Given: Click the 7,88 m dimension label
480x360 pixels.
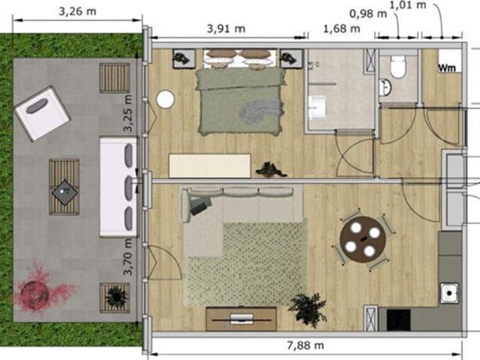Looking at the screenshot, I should coord(306,346).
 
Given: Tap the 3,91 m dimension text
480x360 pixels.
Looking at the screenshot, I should coord(226,28).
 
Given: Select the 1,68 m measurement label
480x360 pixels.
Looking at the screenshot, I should coord(340,28).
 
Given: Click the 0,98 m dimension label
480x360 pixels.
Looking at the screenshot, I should coord(368,13).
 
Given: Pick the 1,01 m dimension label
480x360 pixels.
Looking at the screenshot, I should coord(409,5).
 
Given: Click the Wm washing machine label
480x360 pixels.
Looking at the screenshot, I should coord(448,67).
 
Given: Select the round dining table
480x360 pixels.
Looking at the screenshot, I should coord(363,238).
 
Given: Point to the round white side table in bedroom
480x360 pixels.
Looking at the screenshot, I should coord(165,99).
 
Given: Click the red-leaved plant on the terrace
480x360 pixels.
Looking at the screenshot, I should coord(37,289).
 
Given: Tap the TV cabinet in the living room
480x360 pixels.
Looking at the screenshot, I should coord(241,317).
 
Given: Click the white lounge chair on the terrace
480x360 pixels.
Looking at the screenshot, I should coord(42,113).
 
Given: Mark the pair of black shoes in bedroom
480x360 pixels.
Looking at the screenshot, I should coord(271,169).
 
